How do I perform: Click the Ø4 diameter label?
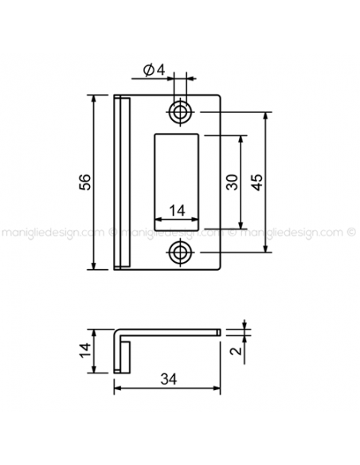(x=154, y=70)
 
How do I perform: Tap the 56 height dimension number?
(x=84, y=182)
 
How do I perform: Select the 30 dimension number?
(x=233, y=182)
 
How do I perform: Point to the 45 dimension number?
(x=256, y=182)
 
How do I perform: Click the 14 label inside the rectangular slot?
(x=177, y=210)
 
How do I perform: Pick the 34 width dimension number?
(x=169, y=379)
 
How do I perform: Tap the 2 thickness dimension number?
(x=237, y=351)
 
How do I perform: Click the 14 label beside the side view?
(x=85, y=350)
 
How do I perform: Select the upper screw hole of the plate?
(x=179, y=112)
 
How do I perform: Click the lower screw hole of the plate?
(x=179, y=252)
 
